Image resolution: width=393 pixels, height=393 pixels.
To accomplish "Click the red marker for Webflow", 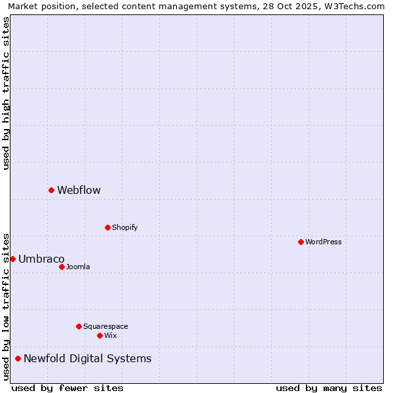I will click(51, 190).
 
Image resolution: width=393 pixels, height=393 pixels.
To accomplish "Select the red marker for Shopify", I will click(107, 227).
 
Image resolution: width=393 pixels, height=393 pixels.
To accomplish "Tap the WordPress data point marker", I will click(301, 242).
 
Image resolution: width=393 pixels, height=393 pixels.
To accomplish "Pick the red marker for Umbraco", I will click(12, 259).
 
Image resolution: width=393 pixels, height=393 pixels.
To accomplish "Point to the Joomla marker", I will click(62, 267).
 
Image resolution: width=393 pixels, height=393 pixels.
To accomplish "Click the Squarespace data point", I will click(79, 326).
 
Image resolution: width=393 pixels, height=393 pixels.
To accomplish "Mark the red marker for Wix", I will click(100, 335).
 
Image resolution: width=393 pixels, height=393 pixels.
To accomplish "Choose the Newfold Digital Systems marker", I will click(18, 358).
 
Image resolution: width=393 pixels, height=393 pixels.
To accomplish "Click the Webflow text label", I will click(79, 191).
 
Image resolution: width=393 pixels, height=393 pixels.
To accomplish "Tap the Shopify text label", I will click(124, 228).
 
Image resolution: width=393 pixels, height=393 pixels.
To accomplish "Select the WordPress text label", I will click(323, 242).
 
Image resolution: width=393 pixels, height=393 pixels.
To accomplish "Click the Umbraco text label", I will click(41, 259).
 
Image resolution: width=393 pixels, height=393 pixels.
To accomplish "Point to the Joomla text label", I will click(78, 267).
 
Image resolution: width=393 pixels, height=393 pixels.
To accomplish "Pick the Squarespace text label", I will click(105, 327).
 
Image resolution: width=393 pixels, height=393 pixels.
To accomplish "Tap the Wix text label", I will click(110, 336).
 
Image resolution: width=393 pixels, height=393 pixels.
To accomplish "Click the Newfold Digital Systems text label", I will click(87, 359).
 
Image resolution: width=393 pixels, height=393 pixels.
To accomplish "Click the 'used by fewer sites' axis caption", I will click(67, 388).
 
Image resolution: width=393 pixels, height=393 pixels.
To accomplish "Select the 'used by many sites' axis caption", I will click(329, 388).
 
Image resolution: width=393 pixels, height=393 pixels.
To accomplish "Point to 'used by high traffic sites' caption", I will click(6, 93).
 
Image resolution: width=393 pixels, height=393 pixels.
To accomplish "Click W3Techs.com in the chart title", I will click(354, 6).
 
